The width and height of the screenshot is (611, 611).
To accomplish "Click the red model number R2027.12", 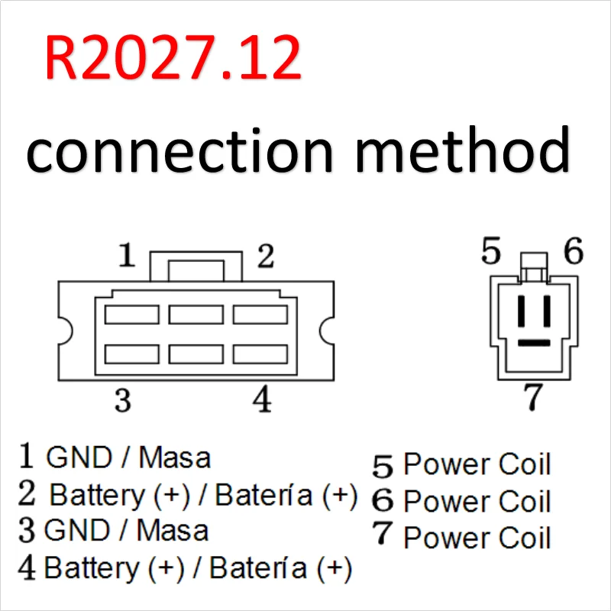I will click(173, 60).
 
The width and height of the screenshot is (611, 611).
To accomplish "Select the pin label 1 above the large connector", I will click(127, 256).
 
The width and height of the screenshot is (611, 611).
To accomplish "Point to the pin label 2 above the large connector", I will click(264, 257).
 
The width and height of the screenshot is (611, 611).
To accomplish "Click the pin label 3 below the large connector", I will click(122, 399).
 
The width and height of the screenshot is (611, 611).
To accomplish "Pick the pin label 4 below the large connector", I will click(262, 399).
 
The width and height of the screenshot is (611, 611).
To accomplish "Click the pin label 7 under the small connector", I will click(532, 397).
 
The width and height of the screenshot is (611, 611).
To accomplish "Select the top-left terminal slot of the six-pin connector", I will click(132, 314).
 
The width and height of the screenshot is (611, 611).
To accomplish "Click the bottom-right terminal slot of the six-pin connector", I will click(259, 354).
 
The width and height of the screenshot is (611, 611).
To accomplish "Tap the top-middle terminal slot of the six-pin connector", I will click(196, 314).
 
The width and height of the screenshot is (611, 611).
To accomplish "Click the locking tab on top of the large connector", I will click(196, 269).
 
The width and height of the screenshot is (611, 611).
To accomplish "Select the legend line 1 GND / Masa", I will click(115, 457).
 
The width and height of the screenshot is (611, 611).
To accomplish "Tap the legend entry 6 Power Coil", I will click(462, 502).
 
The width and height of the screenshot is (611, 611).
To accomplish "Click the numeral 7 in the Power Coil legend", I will click(383, 535).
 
